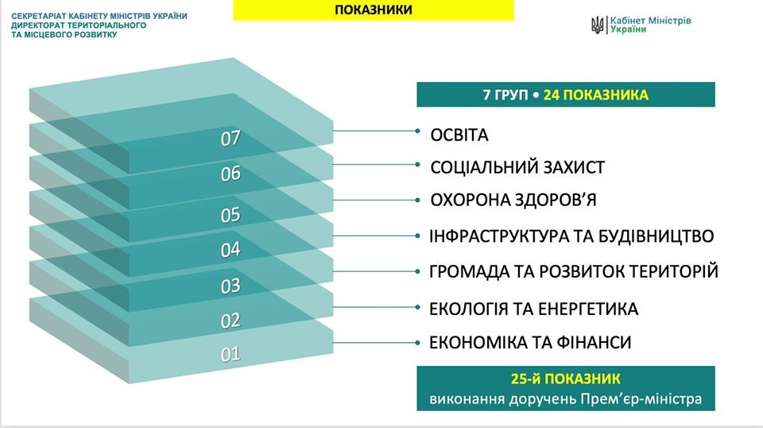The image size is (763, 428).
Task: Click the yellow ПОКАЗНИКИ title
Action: tap(374, 10)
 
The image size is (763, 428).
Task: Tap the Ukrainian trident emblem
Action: tap(597, 25)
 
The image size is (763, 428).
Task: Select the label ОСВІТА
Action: tap(459, 135)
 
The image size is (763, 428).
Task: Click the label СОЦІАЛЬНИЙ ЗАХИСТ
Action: tap(517, 168)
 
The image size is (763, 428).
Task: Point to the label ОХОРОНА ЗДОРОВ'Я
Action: tap(513, 200)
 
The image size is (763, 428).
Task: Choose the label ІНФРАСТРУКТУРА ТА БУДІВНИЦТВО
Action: tap(571, 236)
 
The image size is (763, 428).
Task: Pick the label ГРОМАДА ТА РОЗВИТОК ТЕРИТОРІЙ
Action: tap(574, 271)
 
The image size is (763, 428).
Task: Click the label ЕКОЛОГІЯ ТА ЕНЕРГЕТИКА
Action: tap(533, 309)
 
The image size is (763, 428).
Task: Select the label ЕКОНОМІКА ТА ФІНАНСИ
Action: tap(530, 342)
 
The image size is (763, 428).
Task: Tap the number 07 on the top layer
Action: tap(230, 138)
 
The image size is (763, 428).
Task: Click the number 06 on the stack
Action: tap(230, 174)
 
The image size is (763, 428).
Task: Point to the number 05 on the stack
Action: tap(230, 215)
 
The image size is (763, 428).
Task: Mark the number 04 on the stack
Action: tap(230, 250)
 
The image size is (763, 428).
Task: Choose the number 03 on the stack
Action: tap(230, 286)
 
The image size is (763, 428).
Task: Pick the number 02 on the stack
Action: tap(230, 321)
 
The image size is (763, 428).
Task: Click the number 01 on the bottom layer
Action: tap(230, 354)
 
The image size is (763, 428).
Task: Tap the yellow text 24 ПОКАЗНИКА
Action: tap(595, 95)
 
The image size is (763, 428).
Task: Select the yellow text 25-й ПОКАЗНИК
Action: tap(565, 379)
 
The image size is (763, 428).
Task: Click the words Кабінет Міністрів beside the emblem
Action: tap(651, 21)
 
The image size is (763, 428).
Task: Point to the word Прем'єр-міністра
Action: tap(641, 399)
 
